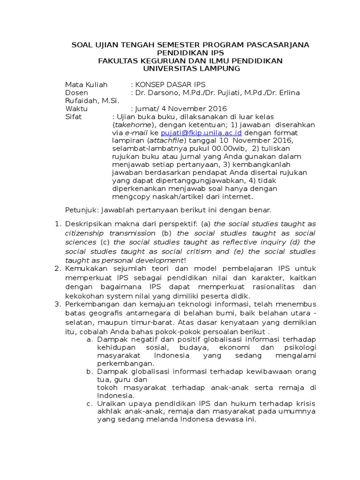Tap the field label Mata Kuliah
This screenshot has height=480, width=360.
click(86, 84)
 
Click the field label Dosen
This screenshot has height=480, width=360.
click(77, 92)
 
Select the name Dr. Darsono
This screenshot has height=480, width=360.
click(155, 92)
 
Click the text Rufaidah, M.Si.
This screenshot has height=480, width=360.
click(92, 100)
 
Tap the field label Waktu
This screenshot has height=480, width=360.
click(77, 108)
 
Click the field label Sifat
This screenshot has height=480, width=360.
click(74, 116)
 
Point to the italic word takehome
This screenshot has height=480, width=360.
click(132, 125)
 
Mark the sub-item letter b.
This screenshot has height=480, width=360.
click(89, 372)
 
